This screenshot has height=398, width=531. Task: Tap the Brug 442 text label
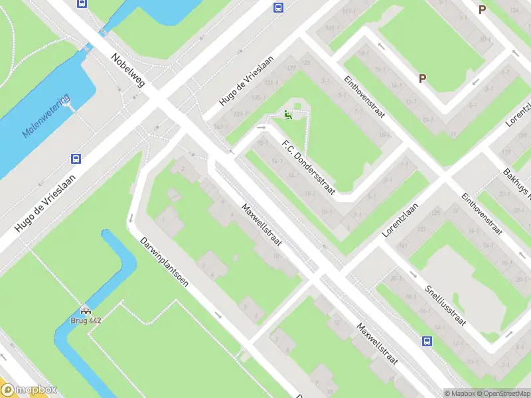(86, 320)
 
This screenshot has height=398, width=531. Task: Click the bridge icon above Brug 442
(86, 310)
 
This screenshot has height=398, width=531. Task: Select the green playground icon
(287, 115)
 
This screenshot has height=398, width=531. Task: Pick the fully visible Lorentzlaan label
(402, 220)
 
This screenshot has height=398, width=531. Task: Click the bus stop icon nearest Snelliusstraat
(427, 342)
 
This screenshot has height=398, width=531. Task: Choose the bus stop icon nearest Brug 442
(76, 159)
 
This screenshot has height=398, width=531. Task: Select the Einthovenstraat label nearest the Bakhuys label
(481, 212)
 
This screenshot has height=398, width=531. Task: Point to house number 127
(291, 68)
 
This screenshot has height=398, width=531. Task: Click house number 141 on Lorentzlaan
(402, 246)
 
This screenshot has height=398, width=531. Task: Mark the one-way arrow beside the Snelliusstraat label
(414, 274)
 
